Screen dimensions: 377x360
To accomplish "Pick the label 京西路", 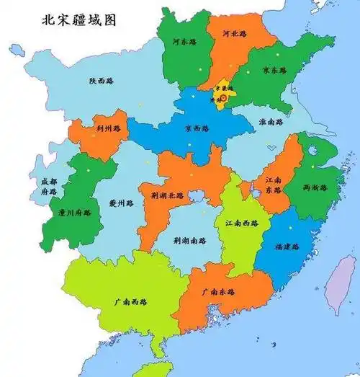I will coord(196,129).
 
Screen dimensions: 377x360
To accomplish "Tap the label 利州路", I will coord(107,128).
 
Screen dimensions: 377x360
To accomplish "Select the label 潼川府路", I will coord(74,213).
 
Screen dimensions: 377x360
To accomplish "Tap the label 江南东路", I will coord(274,184).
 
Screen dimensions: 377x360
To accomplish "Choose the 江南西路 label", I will coord(240,224).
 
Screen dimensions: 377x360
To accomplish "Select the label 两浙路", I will coord(315,187).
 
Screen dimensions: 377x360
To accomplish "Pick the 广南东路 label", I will coord(218,293).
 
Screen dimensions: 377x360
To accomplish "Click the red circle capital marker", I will coord(222,97).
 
